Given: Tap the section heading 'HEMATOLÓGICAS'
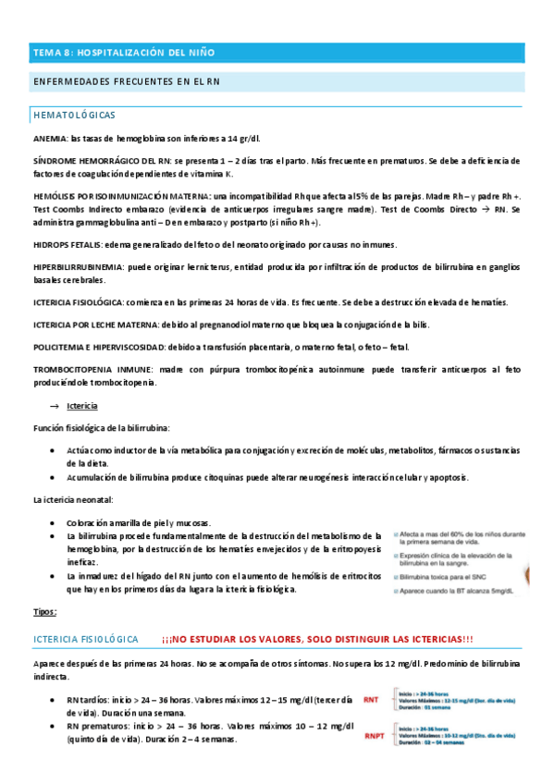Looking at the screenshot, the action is pyautogui.click(x=74, y=116).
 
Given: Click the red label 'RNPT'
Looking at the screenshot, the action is pyautogui.click(x=375, y=736).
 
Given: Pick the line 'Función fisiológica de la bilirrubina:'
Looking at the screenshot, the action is pyautogui.click(x=101, y=428).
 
